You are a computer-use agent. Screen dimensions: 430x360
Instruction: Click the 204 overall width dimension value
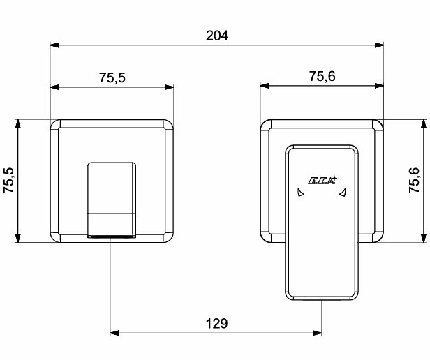[217, 36]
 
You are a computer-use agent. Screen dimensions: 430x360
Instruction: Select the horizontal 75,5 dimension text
[112, 77]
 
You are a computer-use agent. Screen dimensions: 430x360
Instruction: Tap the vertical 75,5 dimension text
[8, 180]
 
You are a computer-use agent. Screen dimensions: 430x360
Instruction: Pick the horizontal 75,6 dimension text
[322, 76]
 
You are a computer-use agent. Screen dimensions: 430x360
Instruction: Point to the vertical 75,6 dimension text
[414, 180]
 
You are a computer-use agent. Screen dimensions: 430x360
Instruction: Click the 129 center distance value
[216, 324]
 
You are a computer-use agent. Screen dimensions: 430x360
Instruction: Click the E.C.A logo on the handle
[322, 181]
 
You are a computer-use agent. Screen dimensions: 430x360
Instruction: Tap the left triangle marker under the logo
[301, 193]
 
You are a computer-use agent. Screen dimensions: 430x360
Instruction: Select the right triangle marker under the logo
[343, 193]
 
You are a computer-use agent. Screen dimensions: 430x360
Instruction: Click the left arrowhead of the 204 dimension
[54, 45]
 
